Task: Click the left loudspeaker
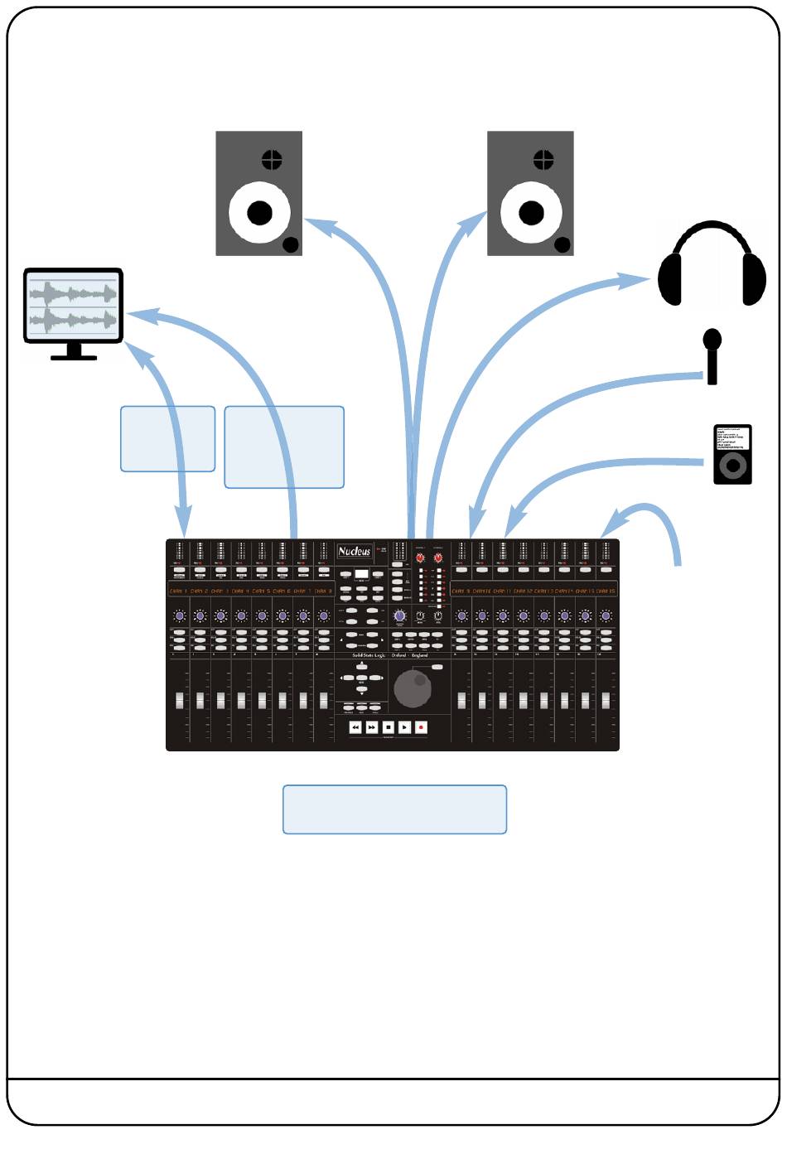click(258, 193)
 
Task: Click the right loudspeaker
click(530, 193)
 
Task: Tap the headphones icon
click(712, 264)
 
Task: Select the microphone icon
click(712, 356)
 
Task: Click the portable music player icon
click(732, 454)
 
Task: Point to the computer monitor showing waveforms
click(74, 306)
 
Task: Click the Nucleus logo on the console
click(355, 551)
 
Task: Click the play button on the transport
click(404, 727)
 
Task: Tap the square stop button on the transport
click(389, 727)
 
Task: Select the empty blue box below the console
click(394, 809)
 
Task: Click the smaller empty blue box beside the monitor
click(167, 439)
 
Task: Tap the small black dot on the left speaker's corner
click(291, 244)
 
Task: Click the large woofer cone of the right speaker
click(531, 212)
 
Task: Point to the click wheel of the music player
click(732, 466)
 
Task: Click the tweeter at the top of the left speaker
click(272, 159)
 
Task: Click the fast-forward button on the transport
click(372, 727)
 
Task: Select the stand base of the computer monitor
click(74, 356)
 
